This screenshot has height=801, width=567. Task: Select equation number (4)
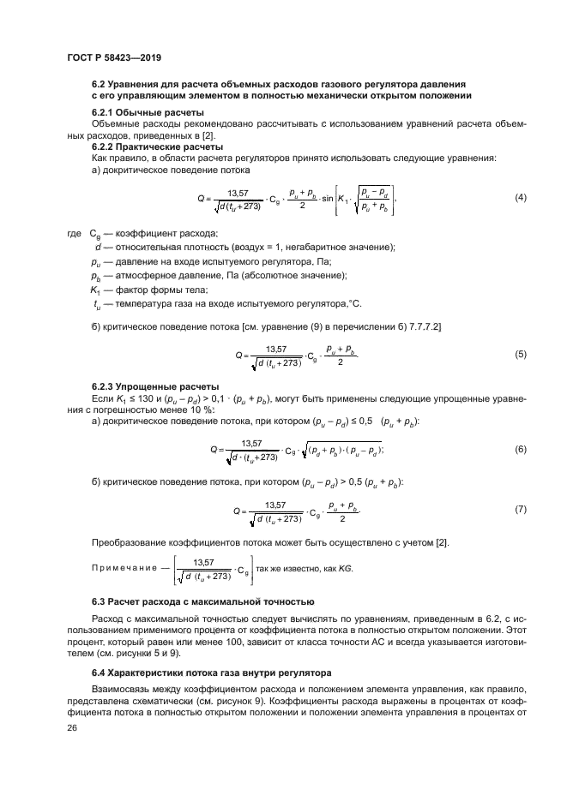coord(520,198)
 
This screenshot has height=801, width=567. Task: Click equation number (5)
coord(520,354)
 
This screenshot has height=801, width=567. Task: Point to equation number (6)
coord(520,449)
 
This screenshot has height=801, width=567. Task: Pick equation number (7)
coord(520,510)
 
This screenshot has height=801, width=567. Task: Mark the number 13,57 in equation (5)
coord(276,349)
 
